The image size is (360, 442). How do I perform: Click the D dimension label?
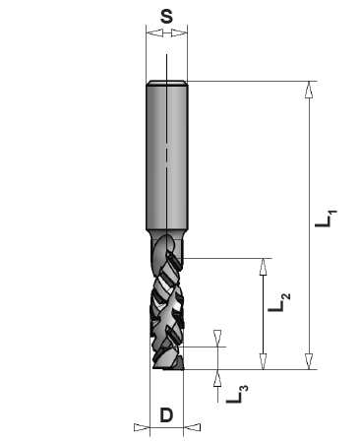point(166,415)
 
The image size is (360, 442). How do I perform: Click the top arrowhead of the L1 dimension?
point(309,91)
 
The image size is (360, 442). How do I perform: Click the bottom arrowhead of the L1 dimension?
point(309,360)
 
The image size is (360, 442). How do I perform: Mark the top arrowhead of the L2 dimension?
point(263,267)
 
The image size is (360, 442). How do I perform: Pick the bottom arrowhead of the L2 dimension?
point(263,360)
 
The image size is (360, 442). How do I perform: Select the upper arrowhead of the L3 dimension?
point(217,339)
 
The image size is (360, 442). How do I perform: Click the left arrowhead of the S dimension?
point(152,32)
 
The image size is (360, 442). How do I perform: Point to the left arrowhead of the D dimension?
point(139,427)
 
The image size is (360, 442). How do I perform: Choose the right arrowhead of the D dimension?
point(194,427)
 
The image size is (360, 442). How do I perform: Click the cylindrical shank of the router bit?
point(166,158)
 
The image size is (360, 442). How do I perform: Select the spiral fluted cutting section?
point(166,305)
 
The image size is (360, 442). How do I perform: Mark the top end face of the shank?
point(166,82)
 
